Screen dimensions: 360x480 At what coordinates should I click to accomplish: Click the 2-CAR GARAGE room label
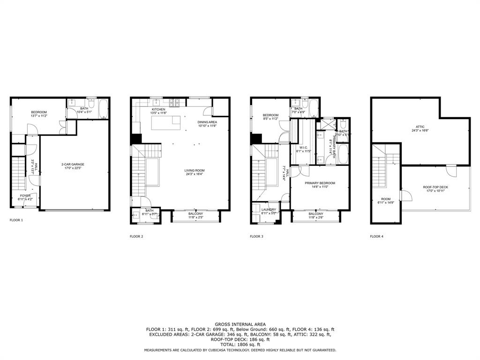(x=73, y=164)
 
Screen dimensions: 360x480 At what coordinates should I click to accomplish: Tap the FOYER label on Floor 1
(x=25, y=195)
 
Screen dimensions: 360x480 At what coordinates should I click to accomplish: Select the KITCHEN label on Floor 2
(x=158, y=109)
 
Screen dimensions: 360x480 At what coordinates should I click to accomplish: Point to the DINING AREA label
(x=207, y=122)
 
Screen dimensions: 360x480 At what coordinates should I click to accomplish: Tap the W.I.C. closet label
(x=302, y=148)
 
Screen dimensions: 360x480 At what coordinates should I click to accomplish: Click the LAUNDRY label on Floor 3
(x=269, y=210)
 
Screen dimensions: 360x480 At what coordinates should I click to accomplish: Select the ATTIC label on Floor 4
(x=420, y=127)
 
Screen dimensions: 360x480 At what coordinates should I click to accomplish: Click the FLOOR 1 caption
(x=16, y=220)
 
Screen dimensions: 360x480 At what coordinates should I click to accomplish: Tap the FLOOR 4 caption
(x=376, y=237)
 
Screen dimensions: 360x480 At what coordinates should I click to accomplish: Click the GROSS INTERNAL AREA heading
(x=240, y=324)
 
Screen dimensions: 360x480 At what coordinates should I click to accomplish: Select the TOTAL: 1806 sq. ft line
(x=240, y=345)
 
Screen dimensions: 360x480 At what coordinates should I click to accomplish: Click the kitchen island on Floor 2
(x=166, y=122)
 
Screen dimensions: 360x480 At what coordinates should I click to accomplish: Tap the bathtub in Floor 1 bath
(x=103, y=109)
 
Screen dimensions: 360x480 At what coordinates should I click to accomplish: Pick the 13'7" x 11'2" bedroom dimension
(x=39, y=116)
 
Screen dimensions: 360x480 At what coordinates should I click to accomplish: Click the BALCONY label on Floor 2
(x=195, y=214)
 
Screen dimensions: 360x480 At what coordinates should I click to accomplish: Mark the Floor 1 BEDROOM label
(x=39, y=112)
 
